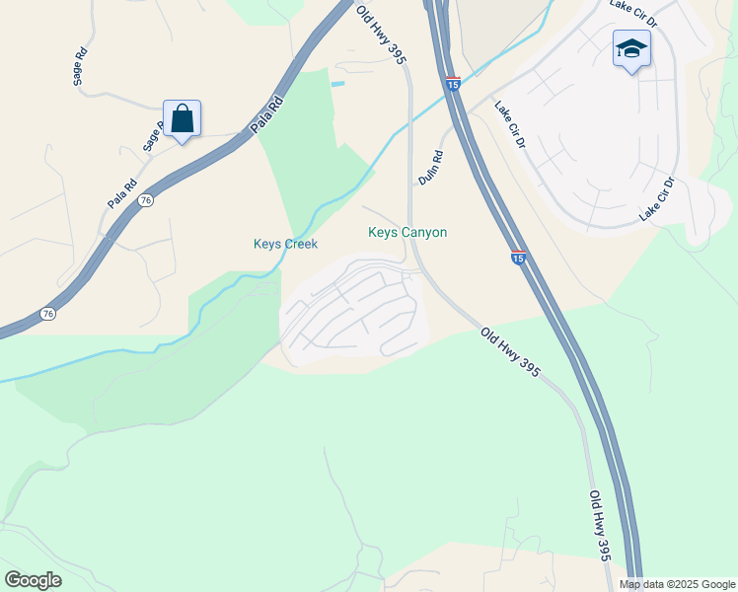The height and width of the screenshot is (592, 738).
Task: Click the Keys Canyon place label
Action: point(407,233)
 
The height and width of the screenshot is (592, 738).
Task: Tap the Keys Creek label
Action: point(285,244)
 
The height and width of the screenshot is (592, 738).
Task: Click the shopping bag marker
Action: point(183,120)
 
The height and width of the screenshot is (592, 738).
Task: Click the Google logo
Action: point(33,580)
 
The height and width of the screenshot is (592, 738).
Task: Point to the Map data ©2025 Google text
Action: point(678,584)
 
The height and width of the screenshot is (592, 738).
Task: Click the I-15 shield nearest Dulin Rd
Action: point(452,85)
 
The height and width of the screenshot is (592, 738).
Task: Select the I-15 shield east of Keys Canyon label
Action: point(518,258)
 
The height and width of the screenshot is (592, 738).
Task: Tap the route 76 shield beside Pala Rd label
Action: point(146,200)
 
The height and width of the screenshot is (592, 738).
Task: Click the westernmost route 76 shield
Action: point(47,314)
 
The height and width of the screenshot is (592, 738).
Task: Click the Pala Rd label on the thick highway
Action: point(266,114)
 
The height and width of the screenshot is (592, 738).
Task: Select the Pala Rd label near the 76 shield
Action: point(122,192)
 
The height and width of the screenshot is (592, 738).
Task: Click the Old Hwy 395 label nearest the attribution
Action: point(600,526)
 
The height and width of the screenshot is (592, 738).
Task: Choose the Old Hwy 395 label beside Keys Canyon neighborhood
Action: point(510,352)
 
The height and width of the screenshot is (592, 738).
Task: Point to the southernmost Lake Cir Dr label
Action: point(655,199)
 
